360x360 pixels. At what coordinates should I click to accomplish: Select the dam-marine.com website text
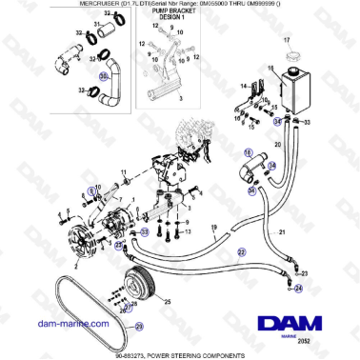click(x=72, y=323)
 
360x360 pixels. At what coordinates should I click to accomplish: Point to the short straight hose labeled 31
click(x=102, y=37)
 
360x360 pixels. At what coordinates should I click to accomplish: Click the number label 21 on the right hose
click(x=282, y=232)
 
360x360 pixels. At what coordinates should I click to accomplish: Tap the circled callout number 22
click(x=241, y=251)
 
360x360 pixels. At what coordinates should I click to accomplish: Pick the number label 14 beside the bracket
click(x=242, y=87)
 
